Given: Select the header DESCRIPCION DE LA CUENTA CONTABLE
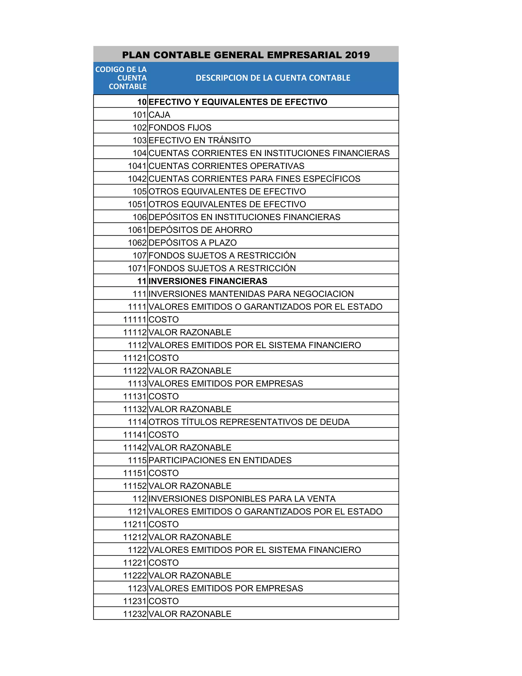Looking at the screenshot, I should tap(273, 78).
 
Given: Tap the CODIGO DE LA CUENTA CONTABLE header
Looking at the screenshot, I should tap(121, 78).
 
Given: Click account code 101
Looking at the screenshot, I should tap(139, 115).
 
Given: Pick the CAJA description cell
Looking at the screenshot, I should tap(159, 115).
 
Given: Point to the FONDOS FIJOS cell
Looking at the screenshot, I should tap(180, 128).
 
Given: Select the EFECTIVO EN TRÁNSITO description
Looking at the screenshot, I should tap(200, 141).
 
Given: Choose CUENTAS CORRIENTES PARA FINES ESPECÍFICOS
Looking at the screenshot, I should tap(254, 179).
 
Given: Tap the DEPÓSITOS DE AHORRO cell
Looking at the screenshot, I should tap(200, 230).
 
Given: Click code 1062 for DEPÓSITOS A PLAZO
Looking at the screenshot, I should tap(137, 243).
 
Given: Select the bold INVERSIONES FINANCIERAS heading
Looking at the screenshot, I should tap(208, 281).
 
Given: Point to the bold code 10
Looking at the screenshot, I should tap(142, 102).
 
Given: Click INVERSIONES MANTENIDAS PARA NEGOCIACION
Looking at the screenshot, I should tap(251, 294).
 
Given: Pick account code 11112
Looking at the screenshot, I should tap(135, 332).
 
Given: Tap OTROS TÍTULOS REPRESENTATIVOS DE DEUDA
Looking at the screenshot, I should tap(249, 422).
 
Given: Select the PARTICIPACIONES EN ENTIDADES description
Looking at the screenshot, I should tap(220, 460).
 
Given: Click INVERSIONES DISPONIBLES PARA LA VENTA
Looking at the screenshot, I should tap(242, 499).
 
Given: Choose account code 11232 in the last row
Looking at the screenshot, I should tap(135, 614).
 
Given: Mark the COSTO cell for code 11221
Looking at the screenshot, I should tap(164, 563).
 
